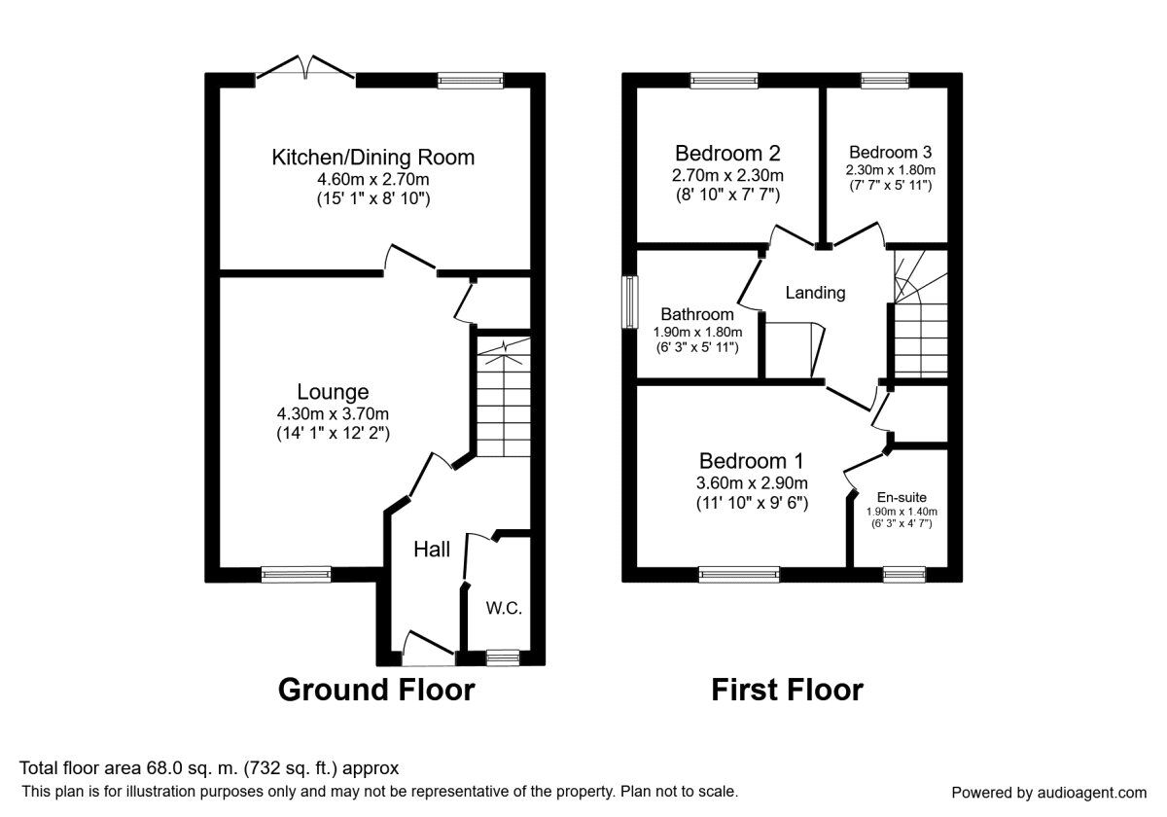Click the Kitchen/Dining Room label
[x=372, y=157]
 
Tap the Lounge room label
[x=333, y=392]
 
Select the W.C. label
[x=504, y=609]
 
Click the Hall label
[x=432, y=550]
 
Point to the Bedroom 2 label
[x=727, y=153]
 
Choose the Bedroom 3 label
[x=890, y=152]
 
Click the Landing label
[x=815, y=292]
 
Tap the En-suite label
[x=902, y=497]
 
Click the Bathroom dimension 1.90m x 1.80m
[x=697, y=332]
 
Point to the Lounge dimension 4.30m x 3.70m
[x=333, y=413]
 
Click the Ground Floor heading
[x=376, y=690]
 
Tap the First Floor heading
[x=787, y=690]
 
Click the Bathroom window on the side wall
[x=630, y=304]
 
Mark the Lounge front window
[x=296, y=575]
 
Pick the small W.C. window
[x=503, y=658]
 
